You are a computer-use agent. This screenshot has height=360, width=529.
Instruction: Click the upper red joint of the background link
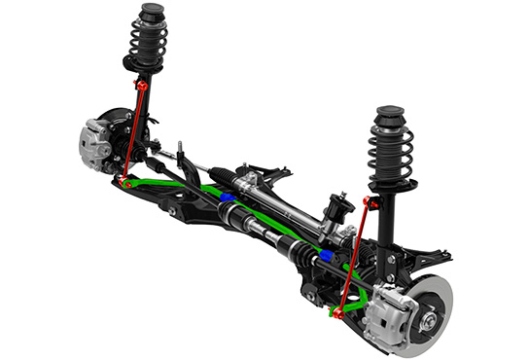click(x=142, y=87)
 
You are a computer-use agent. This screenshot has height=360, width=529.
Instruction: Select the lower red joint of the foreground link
click(x=337, y=312)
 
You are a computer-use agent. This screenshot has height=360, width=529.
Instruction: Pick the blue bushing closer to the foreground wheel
click(x=326, y=254)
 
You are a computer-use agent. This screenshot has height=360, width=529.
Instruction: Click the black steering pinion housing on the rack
click(x=340, y=207)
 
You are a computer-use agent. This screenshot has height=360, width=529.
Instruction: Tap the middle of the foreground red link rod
click(x=352, y=257)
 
